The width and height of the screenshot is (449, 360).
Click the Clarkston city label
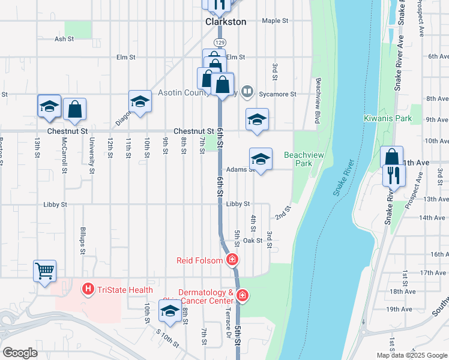click(x=226, y=22)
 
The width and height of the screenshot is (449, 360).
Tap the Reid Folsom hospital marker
click(x=232, y=260)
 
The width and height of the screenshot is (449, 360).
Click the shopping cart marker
click(x=45, y=271)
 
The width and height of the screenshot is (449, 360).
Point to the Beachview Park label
click(x=298, y=159)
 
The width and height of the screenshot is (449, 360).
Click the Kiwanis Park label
click(x=388, y=118)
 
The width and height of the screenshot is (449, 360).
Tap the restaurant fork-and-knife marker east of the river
click(x=394, y=175)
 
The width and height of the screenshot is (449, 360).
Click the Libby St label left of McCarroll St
click(x=55, y=204)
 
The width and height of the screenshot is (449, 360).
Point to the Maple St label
click(x=276, y=20)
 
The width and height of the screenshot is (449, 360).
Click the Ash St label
click(x=64, y=39)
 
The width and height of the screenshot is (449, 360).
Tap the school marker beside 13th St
click(x=49, y=106)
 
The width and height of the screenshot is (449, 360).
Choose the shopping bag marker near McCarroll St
click(x=75, y=109)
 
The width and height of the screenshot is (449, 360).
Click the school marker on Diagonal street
click(x=140, y=101)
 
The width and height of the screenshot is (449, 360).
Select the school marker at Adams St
click(x=261, y=159)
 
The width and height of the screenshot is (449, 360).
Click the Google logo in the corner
click(x=20, y=353)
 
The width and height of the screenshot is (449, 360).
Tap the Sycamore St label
click(x=277, y=94)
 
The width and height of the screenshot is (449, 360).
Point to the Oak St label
click(x=253, y=241)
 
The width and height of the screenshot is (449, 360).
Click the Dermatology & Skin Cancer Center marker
click(x=242, y=295)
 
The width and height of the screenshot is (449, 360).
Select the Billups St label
click(x=83, y=238)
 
